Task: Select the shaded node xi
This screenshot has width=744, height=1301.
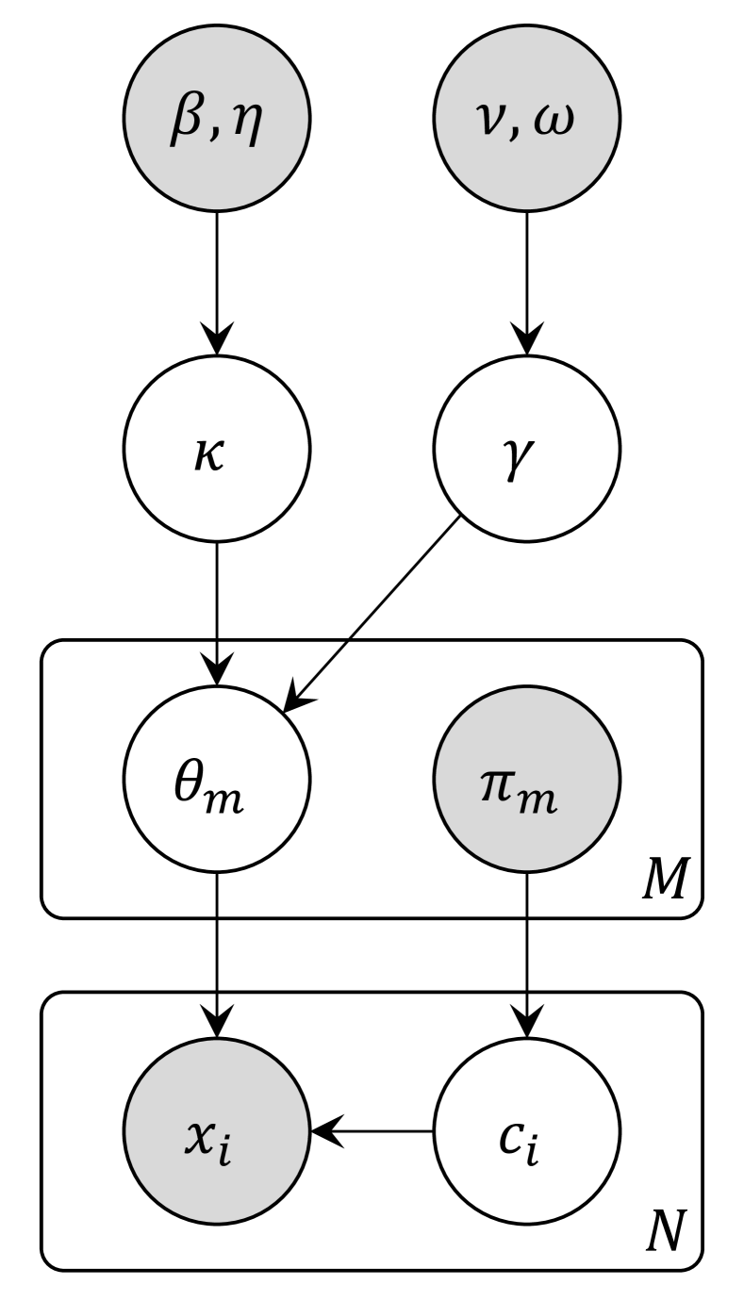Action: click(217, 1129)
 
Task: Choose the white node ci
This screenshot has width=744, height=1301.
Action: click(526, 1129)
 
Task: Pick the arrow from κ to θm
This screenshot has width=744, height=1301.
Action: click(217, 613)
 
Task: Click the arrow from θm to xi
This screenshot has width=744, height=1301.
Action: click(217, 952)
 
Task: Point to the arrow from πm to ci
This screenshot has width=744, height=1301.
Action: click(526, 952)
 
